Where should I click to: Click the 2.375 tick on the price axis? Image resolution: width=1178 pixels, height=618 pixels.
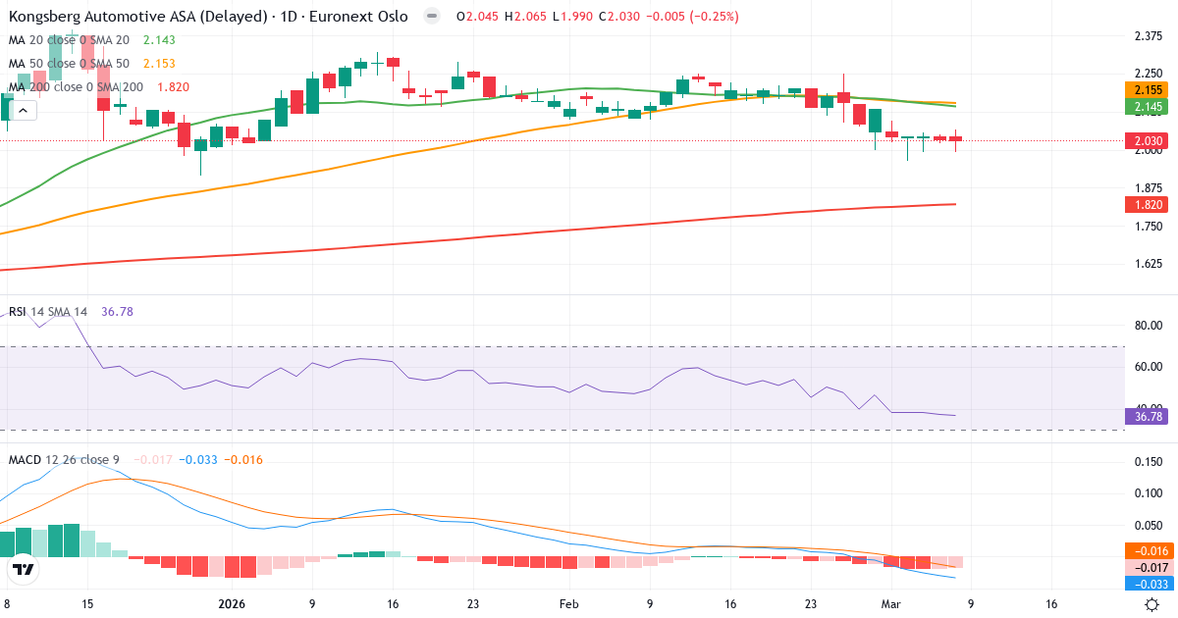click(1148, 36)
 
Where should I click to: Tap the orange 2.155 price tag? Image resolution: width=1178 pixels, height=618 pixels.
click(1148, 88)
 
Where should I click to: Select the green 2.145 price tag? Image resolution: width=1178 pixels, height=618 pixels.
click(1148, 106)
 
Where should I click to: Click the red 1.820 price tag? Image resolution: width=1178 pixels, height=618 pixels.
click(1148, 204)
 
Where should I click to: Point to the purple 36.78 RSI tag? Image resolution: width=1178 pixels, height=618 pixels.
click(1148, 416)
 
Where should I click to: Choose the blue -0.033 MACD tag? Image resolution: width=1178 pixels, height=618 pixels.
click(1148, 585)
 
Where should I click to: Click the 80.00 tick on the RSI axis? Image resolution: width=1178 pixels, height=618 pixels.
click(1148, 326)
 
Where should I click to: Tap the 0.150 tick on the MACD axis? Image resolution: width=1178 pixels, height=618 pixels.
click(1148, 461)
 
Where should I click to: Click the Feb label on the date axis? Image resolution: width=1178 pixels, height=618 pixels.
click(568, 604)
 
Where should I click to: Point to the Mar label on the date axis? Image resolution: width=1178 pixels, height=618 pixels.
click(891, 604)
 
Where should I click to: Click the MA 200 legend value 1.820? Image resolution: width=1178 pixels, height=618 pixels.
click(173, 86)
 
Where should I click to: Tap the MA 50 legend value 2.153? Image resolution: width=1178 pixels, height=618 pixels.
click(159, 63)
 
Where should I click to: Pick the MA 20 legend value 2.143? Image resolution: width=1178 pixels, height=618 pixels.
click(159, 39)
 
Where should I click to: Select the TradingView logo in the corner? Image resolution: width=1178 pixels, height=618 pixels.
click(24, 569)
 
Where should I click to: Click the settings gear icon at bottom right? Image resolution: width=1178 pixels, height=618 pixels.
click(1153, 604)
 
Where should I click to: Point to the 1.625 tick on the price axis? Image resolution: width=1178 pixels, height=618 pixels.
click(1148, 264)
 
